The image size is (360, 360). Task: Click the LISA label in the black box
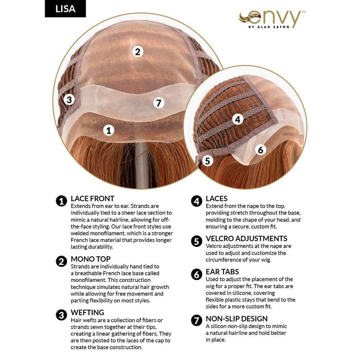click(x=65, y=9)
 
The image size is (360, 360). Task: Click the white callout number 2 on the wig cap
click(x=138, y=51)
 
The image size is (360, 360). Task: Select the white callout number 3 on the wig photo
click(x=69, y=100)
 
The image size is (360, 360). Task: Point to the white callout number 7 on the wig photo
click(x=159, y=103)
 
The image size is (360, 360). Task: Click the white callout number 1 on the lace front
click(x=109, y=130)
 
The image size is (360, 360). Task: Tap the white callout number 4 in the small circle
click(x=238, y=120)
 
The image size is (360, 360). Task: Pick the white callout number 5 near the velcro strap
click(x=208, y=161)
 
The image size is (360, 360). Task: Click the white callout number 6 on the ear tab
click(x=261, y=150)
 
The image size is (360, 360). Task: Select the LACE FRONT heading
click(x=93, y=199)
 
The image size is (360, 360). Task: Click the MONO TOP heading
click(x=91, y=259)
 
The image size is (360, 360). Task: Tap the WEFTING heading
click(x=87, y=312)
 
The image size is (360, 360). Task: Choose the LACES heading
click(x=216, y=199)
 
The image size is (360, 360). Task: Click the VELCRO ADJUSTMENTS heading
click(x=247, y=239)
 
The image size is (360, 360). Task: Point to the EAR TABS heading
click(x=222, y=272)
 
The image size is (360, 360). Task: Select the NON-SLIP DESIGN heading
click(x=237, y=319)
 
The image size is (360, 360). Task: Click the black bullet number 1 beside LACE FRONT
click(x=62, y=201)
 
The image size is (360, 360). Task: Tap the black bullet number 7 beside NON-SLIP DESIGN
click(x=197, y=320)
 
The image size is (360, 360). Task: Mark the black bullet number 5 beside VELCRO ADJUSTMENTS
click(x=197, y=241)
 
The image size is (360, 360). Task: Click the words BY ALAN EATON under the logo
click(x=269, y=27)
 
